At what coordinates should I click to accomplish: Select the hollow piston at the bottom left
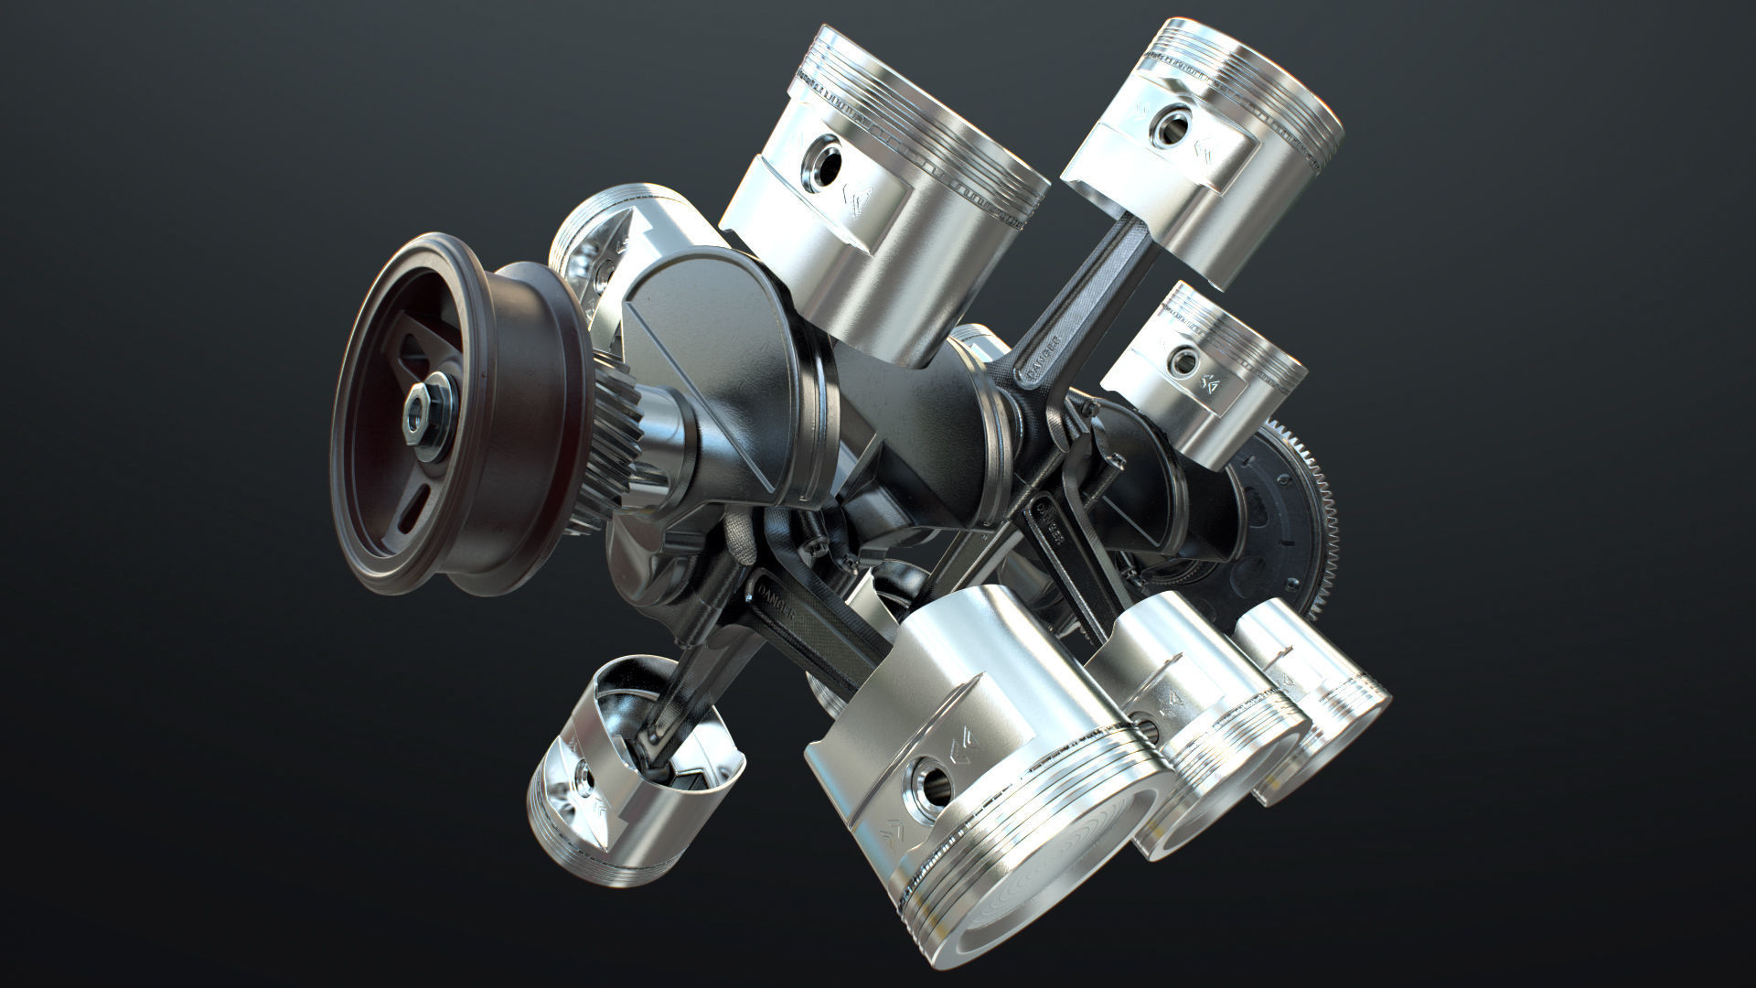631,773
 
